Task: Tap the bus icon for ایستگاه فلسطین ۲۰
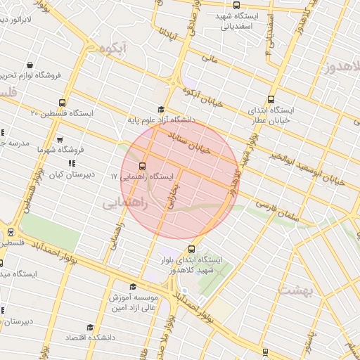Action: pyautogui.click(x=62, y=103)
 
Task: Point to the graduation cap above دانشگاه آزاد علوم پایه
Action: pyautogui.click(x=161, y=109)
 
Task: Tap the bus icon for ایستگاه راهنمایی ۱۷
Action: pyautogui.click(x=143, y=167)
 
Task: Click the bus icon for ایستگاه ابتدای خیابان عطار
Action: pyautogui.click(x=271, y=99)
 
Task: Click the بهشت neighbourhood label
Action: pyautogui.click(x=294, y=288)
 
